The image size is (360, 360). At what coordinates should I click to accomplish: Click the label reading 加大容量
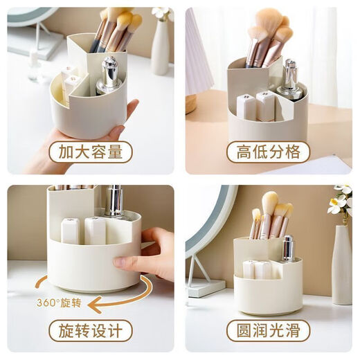(x=89, y=151)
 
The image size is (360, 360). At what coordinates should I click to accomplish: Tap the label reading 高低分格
(x=268, y=151)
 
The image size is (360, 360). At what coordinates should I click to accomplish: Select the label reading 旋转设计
(x=89, y=330)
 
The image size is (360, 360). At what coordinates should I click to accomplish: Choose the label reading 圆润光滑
(x=268, y=330)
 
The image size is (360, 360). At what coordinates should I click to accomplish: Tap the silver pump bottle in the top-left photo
(x=109, y=75)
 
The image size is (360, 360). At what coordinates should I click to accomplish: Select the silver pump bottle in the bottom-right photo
(x=288, y=249)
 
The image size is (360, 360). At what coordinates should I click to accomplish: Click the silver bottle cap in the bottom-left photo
(x=114, y=201)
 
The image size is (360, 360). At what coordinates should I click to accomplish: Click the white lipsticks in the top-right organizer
(x=256, y=106)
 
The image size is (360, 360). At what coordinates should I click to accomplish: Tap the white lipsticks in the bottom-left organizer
(x=83, y=231)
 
